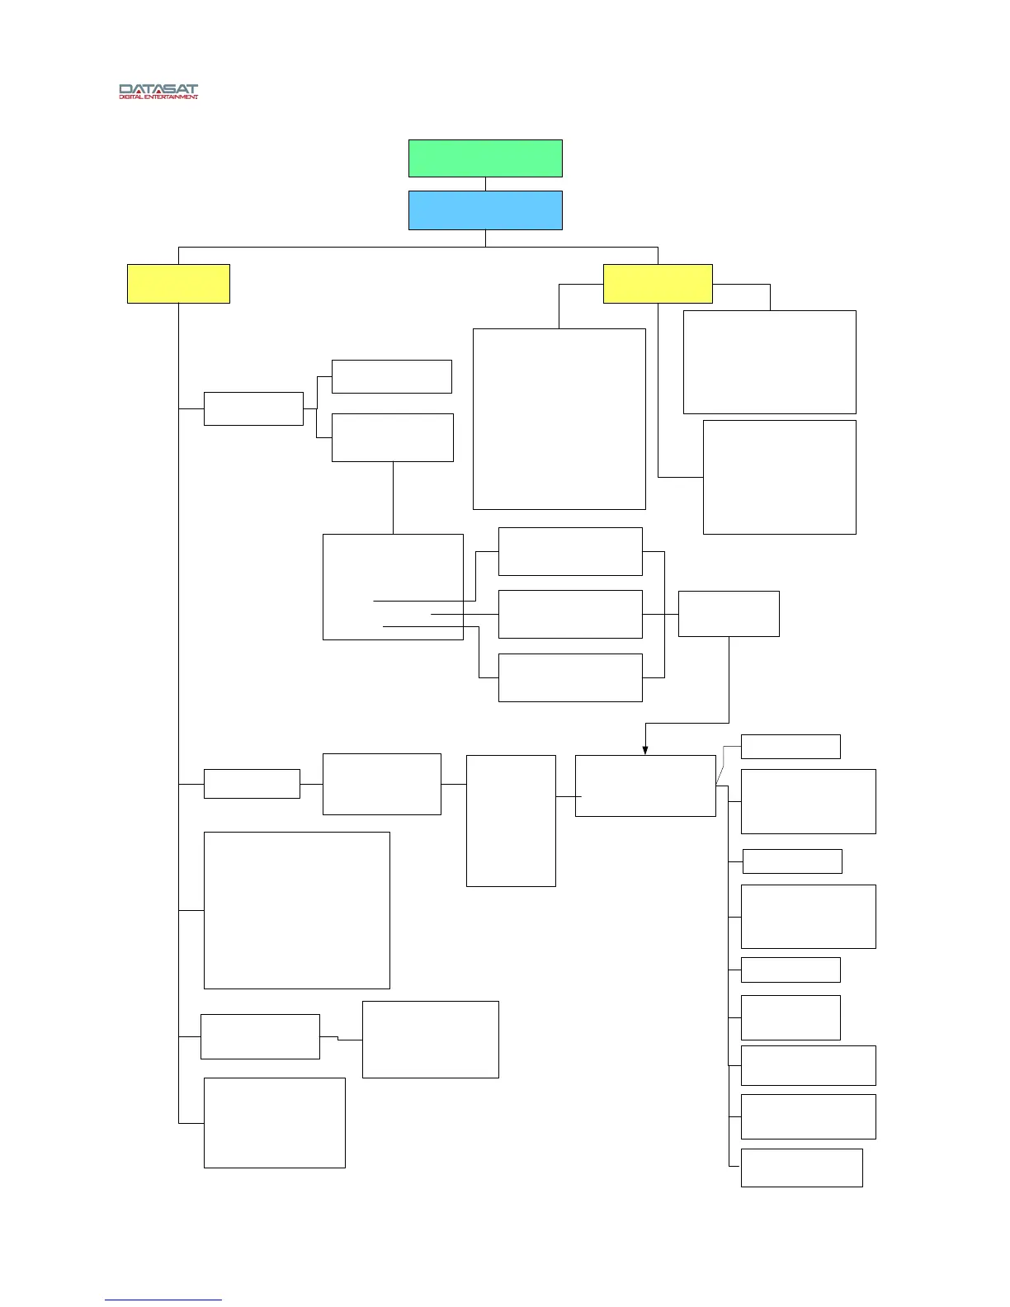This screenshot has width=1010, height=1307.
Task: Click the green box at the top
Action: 485,158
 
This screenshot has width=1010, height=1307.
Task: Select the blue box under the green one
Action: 485,210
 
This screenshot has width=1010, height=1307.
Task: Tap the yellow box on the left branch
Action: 178,284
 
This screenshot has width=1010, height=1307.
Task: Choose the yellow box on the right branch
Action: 658,284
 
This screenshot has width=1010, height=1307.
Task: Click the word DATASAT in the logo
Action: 158,89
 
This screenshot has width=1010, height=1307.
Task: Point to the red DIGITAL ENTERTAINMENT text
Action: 158,97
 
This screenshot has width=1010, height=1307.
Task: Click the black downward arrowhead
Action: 645,750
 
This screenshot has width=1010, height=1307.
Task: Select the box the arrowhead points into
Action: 645,786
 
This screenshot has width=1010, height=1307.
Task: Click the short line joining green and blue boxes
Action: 485,184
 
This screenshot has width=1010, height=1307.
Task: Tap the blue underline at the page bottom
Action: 163,1300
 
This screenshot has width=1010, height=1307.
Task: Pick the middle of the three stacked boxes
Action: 570,614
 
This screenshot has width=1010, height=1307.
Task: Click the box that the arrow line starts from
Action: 729,614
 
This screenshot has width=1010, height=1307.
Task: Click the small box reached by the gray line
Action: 791,746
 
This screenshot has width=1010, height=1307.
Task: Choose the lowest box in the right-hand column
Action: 801,1168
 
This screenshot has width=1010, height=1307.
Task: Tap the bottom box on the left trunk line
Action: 274,1122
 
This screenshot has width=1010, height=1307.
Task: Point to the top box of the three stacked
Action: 570,551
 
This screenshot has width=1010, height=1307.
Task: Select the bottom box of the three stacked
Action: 570,677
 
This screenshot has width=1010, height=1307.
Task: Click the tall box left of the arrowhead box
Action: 511,821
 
